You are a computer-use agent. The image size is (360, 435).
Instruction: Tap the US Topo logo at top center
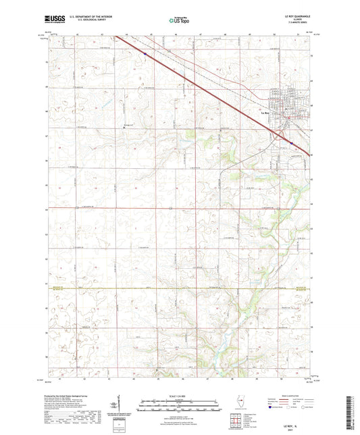tap(179, 20)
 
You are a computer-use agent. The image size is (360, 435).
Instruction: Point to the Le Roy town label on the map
tap(265, 112)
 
